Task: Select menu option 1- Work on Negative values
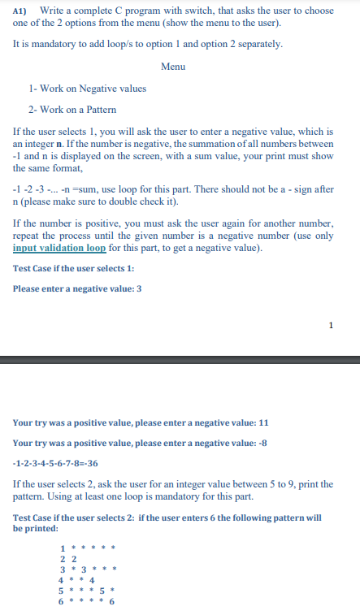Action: (87, 88)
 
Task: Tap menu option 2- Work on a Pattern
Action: (72, 109)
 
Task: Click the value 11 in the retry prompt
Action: (263, 422)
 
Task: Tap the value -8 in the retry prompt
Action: (264, 443)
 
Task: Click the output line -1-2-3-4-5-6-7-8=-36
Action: (56, 463)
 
